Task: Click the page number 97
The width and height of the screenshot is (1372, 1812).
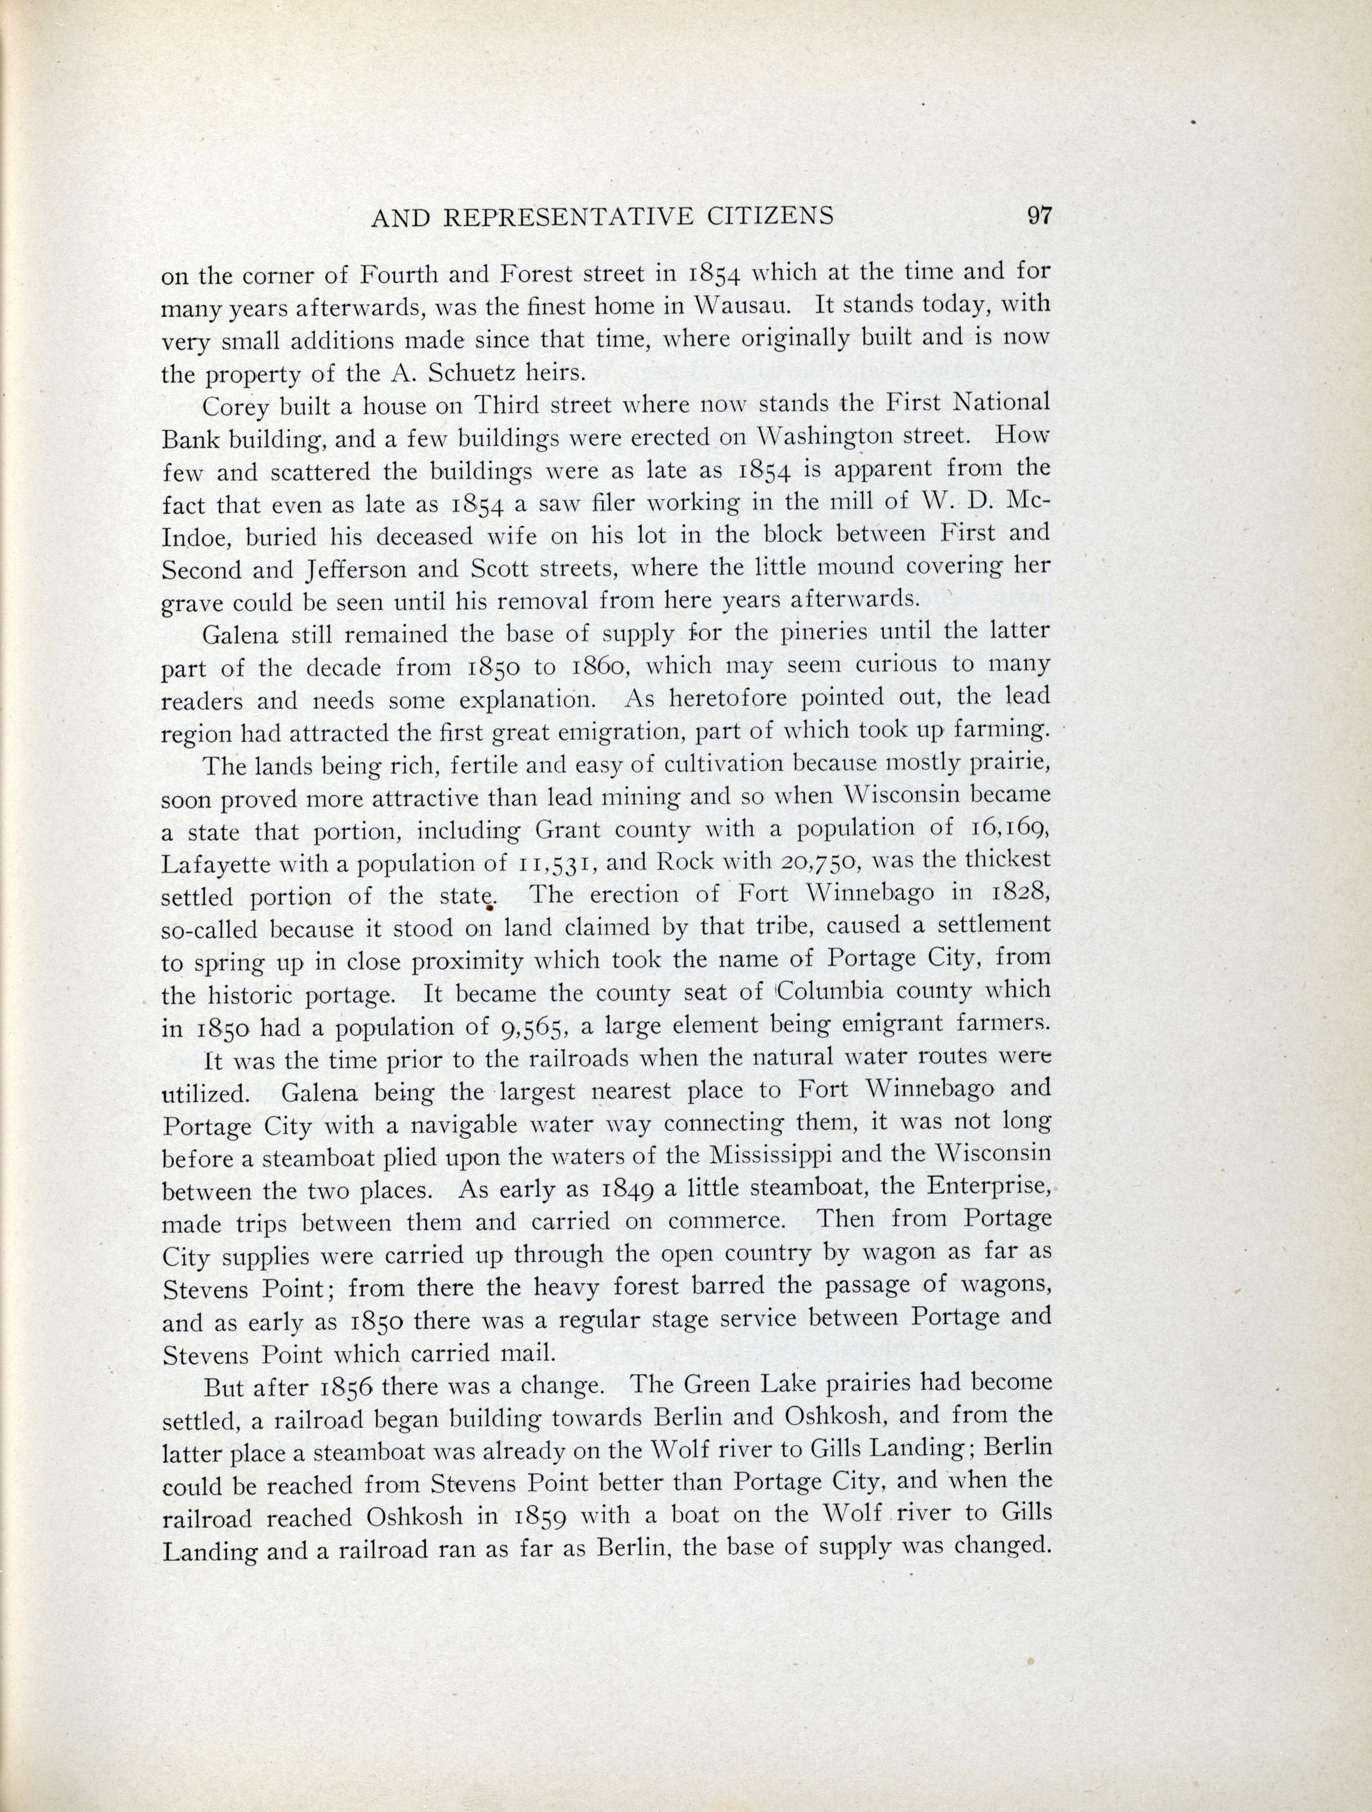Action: [x=1038, y=215]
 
